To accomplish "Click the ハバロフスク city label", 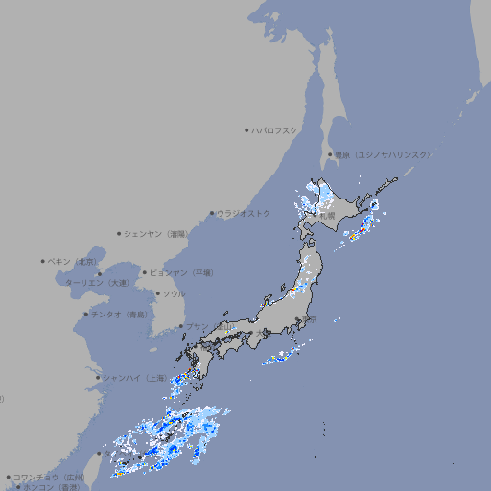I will tap(275, 130).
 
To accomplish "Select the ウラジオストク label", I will tap(244, 213).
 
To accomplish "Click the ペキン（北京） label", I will tap(74, 261).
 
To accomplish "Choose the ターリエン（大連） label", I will tap(97, 283).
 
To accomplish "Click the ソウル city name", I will tap(173, 293).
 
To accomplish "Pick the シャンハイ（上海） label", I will tap(134, 378).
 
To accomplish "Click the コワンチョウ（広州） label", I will tap(49, 477).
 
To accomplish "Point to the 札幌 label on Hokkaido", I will tap(327, 216).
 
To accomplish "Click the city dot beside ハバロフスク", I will tap(246, 130).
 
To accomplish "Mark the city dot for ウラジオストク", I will tap(212, 213).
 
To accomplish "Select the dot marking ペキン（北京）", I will tap(42, 261).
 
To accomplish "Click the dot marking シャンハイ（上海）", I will tap(98, 378).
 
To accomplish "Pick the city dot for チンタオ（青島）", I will tap(85, 314).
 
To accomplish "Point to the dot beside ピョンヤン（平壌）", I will tap(146, 272).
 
